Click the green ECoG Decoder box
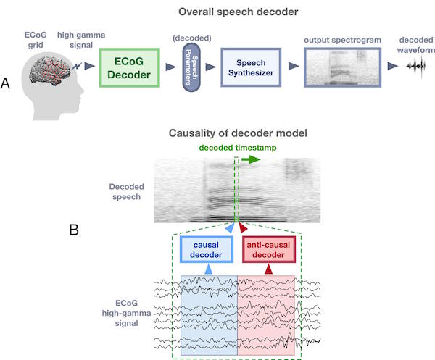pos(129,68)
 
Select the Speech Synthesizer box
pos(251,67)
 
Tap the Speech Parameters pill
pos(191,67)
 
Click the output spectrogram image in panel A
pos(343,67)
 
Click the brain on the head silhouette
pos(51,70)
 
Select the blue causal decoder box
pos(207,249)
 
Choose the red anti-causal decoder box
pos(268,249)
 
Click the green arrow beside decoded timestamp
pos(251,159)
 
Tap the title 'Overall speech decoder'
pos(239,12)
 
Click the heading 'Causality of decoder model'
pos(238,133)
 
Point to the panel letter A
pos(5,83)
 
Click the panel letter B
pos(74,230)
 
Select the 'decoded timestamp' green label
pos(238,148)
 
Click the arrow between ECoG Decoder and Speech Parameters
pos(171,67)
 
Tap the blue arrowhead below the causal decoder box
pos(208,269)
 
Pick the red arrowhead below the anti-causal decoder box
pos(268,269)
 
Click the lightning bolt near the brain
pos(77,66)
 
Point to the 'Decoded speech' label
pos(126,191)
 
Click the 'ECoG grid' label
pos(36,40)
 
